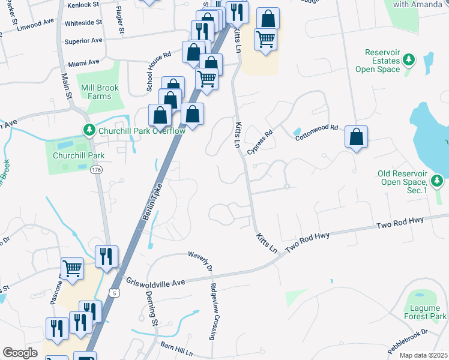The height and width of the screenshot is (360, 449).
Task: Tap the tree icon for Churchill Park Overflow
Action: pyautogui.click(x=89, y=130)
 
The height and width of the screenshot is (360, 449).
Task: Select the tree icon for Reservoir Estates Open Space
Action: pyautogui.click(x=409, y=59)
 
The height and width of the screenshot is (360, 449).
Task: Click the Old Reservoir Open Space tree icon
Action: pyautogui.click(x=438, y=180)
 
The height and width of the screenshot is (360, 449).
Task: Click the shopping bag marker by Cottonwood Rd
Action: pyautogui.click(x=357, y=137)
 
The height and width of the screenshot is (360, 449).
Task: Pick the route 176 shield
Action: pyautogui.click(x=95, y=170)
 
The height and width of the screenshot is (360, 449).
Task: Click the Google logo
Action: pyautogui.click(x=20, y=352)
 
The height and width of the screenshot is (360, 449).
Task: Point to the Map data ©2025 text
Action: pyautogui.click(x=423, y=355)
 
